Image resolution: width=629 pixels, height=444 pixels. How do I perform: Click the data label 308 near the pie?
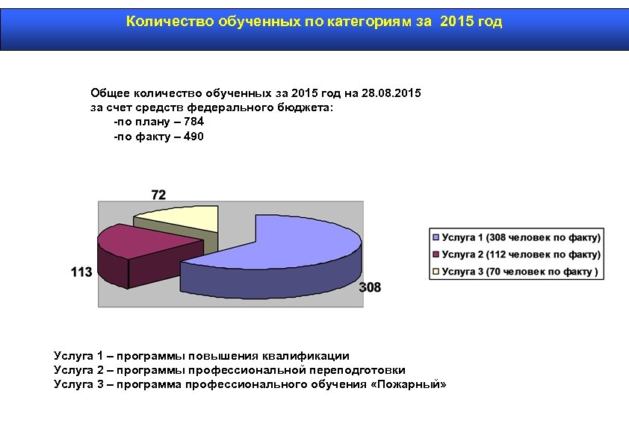[370, 287]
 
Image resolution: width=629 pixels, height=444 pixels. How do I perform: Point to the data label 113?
[81, 272]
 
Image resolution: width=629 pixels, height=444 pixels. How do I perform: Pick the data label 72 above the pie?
[158, 195]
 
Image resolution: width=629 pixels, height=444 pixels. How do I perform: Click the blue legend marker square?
[436, 237]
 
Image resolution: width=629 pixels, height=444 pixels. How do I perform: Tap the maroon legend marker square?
[436, 254]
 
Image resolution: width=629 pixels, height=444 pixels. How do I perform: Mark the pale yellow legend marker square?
[436, 272]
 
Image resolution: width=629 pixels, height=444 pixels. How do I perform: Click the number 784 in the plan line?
[193, 122]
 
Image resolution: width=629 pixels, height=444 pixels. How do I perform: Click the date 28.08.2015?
[391, 93]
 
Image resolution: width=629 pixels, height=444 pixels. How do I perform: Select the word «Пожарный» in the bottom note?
[408, 384]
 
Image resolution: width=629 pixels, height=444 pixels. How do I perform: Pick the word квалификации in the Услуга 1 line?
[312, 356]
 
